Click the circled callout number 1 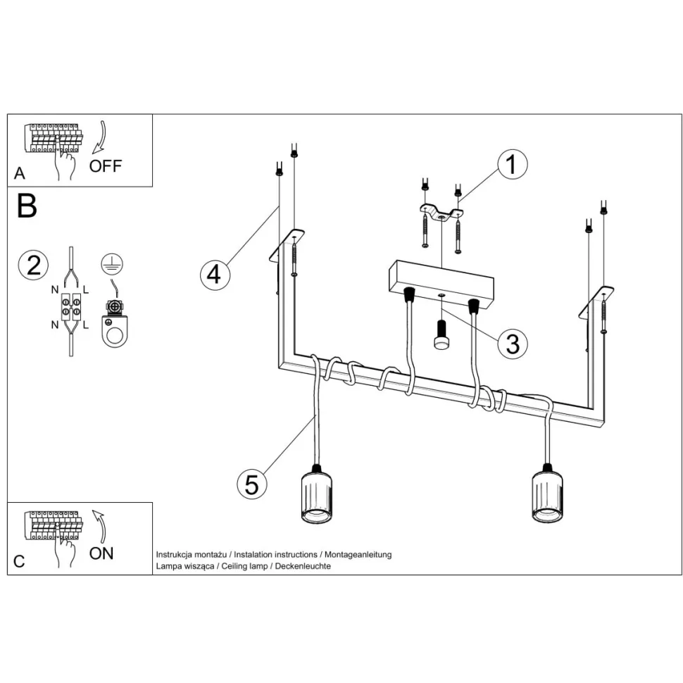pos(512,165)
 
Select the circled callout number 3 pos(512,344)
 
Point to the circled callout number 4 pos(214,274)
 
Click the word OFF pos(106,166)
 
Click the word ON pos(101,553)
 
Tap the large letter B pos(27,206)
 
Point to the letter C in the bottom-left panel pos(19,561)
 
